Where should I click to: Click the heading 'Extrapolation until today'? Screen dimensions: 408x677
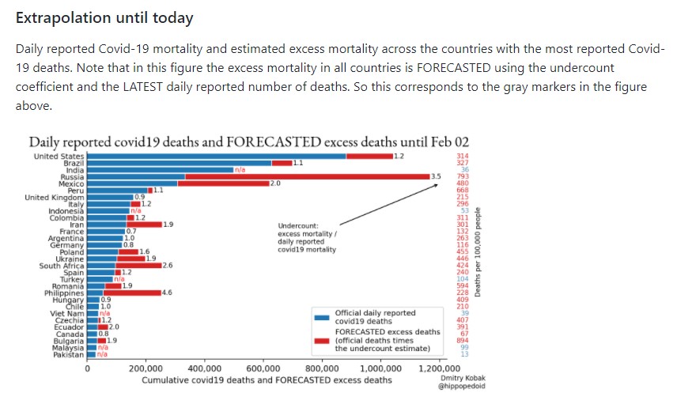(104, 17)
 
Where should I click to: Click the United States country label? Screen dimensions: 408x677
(59, 157)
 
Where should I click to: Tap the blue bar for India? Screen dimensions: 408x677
(159, 169)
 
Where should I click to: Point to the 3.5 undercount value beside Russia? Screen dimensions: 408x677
(436, 176)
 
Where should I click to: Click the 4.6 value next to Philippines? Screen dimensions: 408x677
(167, 293)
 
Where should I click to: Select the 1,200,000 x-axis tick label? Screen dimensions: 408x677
(439, 368)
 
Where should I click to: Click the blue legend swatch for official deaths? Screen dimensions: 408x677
(321, 317)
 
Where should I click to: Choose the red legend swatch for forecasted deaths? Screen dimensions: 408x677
(321, 340)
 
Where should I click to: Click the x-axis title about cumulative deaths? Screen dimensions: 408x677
(267, 380)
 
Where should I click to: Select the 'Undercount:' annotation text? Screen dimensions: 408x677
(297, 225)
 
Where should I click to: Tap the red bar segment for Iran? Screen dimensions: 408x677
(143, 225)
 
